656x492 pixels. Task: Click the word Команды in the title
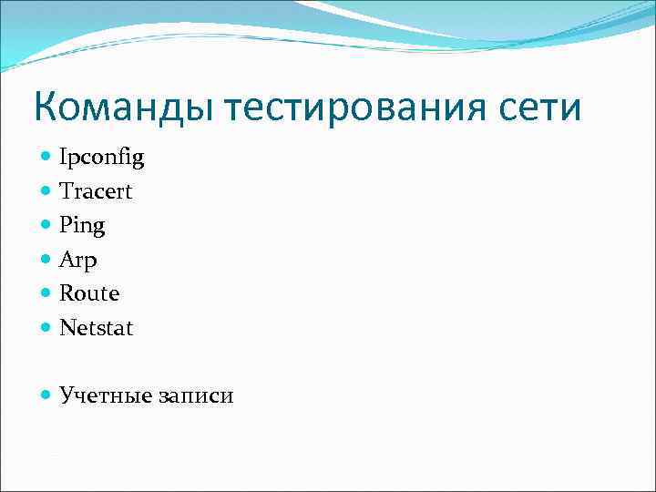pos(123,108)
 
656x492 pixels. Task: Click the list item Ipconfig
pos(101,159)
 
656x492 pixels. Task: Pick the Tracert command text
pos(96,191)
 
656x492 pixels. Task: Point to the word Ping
pos(82,225)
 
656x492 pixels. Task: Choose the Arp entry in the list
pos(78,260)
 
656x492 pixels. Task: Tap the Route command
pos(89,293)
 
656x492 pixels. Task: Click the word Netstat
pos(96,327)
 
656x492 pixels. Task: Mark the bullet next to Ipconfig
pos(46,158)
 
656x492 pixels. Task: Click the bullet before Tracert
pos(46,191)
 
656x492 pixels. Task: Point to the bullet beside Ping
pos(46,225)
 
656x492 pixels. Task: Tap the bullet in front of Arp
pos(46,260)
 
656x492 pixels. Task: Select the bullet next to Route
pos(46,293)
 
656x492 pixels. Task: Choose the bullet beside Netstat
pos(46,327)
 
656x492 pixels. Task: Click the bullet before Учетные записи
pos(46,395)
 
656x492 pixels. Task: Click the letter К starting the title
pos(46,108)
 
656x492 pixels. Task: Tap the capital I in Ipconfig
pos(63,159)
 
